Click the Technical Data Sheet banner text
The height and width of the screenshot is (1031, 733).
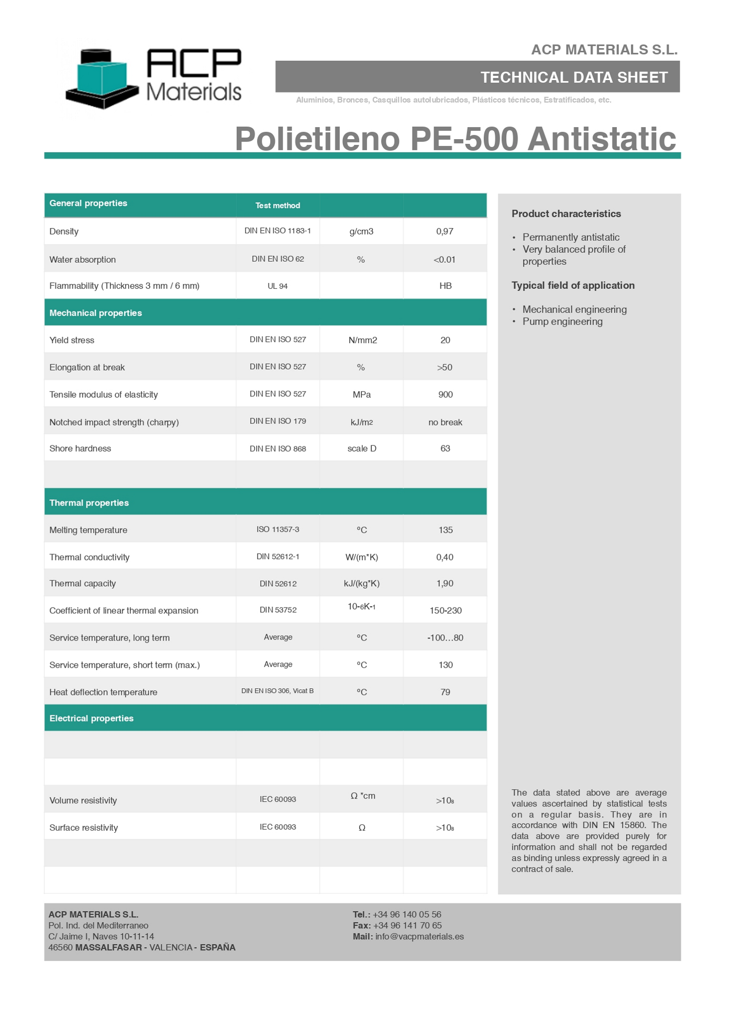574,77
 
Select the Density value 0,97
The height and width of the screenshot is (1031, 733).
445,231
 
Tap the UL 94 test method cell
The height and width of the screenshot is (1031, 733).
277,286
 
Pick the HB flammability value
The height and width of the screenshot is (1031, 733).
445,286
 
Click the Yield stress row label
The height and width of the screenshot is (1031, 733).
72,340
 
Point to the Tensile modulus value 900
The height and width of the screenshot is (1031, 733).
445,395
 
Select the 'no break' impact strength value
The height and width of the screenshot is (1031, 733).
445,422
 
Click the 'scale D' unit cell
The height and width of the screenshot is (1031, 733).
362,449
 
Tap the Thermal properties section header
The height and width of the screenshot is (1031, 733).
89,503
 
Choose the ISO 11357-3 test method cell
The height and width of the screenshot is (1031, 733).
277,530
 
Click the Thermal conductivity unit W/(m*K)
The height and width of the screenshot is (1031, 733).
362,557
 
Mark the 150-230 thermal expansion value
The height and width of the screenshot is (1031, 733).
445,611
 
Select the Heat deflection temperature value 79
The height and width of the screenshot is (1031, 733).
445,692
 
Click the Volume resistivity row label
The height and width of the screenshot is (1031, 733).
83,801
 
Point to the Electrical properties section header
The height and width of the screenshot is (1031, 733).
92,719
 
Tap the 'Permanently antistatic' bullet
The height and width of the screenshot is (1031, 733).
571,237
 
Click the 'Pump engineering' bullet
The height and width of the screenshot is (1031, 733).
562,321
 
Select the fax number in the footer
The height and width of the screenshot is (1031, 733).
407,925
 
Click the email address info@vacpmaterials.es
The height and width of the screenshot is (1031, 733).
419,936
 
